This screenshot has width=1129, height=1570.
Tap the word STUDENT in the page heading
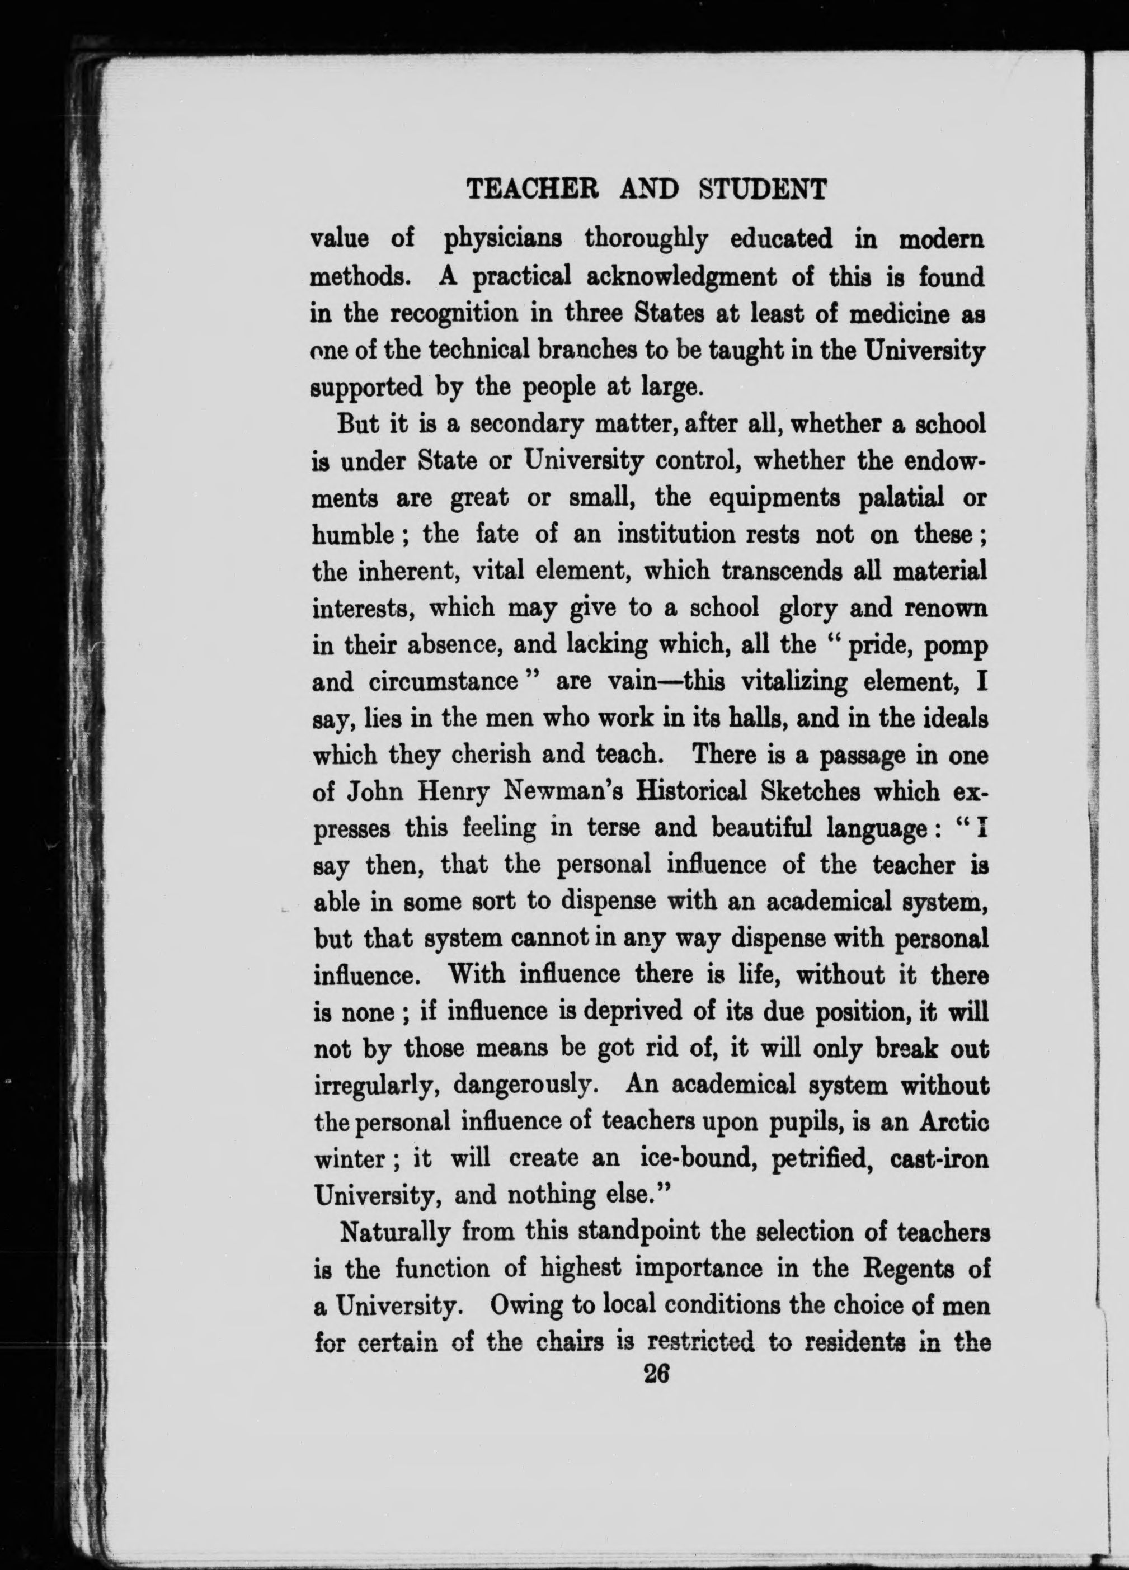[762, 188]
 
